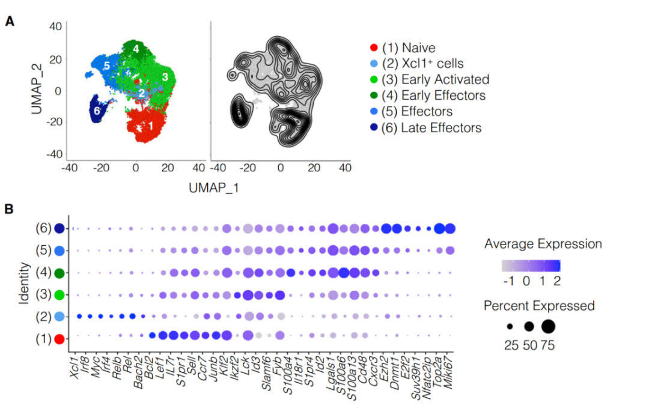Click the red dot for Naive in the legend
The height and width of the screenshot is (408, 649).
point(374,47)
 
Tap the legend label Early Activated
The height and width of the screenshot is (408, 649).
point(444,79)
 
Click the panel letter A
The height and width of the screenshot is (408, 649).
point(10,22)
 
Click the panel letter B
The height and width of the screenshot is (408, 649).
point(10,210)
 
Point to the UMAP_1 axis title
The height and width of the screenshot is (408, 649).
point(214,188)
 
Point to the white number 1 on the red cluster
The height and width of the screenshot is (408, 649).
point(151,126)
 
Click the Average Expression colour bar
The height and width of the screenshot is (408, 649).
point(531,266)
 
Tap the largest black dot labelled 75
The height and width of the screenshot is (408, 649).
point(548,326)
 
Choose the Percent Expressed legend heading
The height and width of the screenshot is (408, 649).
point(539,306)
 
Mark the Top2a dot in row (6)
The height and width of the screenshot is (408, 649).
point(439,228)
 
